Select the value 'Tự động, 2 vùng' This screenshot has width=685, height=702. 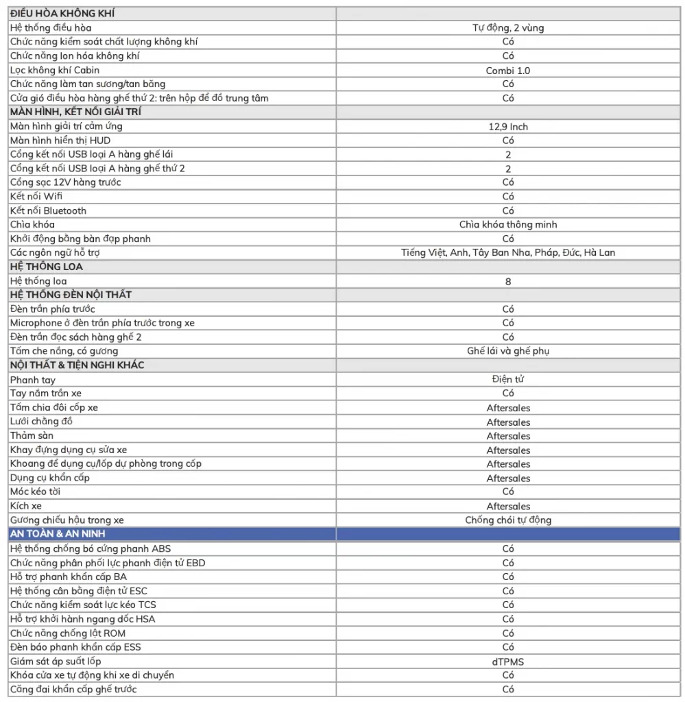tap(508, 28)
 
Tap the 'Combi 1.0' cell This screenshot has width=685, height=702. tap(508, 71)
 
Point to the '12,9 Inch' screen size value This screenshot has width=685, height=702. tap(508, 127)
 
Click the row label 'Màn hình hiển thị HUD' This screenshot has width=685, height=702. tap(60, 141)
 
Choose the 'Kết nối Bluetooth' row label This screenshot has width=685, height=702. tap(49, 210)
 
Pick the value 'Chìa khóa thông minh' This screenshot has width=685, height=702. tap(508, 225)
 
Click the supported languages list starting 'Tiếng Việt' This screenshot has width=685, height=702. tap(508, 253)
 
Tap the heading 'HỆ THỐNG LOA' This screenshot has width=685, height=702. tap(47, 267)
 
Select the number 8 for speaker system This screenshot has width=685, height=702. tap(508, 281)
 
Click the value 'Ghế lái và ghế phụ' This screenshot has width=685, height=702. tap(508, 351)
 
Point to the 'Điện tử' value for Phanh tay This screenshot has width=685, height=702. tap(508, 379)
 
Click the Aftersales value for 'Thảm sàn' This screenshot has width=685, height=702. tap(508, 436)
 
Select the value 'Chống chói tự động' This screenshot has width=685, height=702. tap(508, 520)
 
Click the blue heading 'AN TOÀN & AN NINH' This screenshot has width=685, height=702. tap(58, 533)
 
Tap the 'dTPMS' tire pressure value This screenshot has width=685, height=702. tap(508, 662)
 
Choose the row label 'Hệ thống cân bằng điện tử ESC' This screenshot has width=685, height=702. tap(79, 591)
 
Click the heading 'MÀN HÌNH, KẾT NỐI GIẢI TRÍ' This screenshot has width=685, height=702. tap(76, 112)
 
